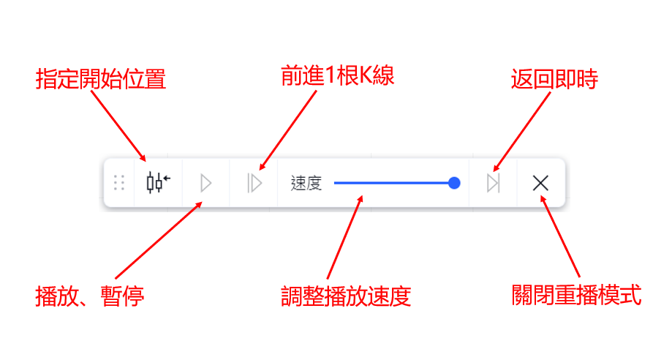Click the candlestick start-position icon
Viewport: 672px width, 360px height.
coord(158,182)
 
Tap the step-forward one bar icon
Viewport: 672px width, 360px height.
coord(254,183)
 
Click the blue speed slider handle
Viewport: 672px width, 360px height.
coord(454,183)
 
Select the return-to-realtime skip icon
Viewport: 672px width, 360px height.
coord(494,183)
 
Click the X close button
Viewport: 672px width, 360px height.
coord(540,183)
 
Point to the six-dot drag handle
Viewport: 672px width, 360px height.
coord(120,183)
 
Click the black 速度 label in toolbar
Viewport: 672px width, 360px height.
coord(306,183)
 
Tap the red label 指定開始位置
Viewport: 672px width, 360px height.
coord(101,79)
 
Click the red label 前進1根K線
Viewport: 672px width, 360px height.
coord(337,76)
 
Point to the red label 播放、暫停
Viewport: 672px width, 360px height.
coord(90,296)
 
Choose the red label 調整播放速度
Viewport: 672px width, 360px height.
coord(346,296)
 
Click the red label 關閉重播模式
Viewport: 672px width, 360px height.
coord(576,296)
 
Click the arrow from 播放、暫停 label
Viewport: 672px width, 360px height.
coord(157,241)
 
